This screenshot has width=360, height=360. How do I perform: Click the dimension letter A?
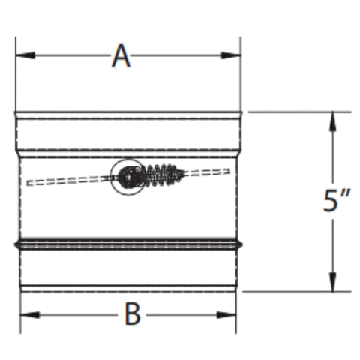coord(121,56)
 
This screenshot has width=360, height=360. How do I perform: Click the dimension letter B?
coord(132,314)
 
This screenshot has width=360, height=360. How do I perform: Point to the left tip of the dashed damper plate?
coord(28,182)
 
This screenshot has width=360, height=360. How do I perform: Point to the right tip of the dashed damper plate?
coord(228,171)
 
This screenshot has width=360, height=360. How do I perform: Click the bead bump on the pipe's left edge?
coord(16,244)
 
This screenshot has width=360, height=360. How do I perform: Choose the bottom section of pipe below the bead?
coord(127,266)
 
